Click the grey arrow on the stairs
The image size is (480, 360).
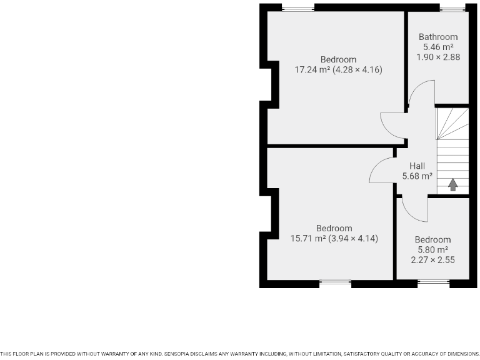pyautogui.click(x=452, y=184)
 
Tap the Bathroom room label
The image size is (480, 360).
pyautogui.click(x=438, y=37)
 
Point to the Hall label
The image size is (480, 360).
pyautogui.click(x=417, y=166)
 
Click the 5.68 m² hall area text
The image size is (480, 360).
pyautogui.click(x=418, y=176)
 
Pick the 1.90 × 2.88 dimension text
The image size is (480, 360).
pyautogui.click(x=438, y=57)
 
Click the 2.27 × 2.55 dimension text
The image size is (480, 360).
pyautogui.click(x=432, y=259)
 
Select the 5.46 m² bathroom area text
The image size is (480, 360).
pyautogui.click(x=438, y=47)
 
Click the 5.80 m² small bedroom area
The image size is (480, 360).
pyautogui.click(x=432, y=249)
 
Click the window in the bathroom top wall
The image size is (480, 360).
pyautogui.click(x=452, y=7)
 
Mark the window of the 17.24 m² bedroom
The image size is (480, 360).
pyautogui.click(x=297, y=7)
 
